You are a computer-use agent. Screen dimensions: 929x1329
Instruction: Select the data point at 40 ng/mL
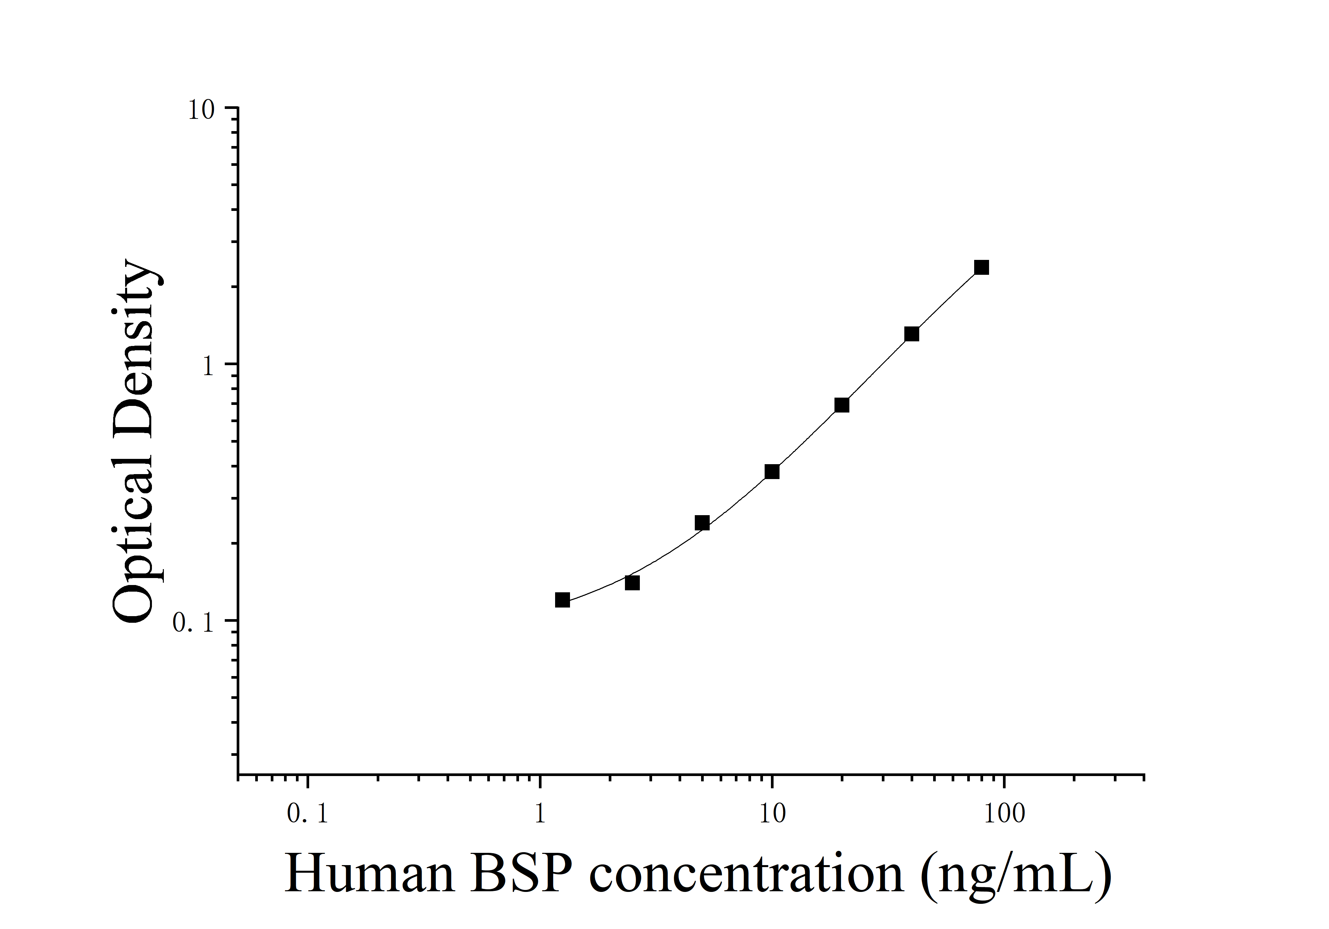point(912,334)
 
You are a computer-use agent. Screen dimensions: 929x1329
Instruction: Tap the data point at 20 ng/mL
point(842,405)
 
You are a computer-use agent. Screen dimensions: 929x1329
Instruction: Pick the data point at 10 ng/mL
point(772,472)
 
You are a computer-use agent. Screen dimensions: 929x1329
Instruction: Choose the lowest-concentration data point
point(562,600)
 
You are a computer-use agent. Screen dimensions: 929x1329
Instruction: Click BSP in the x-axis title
point(521,875)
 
